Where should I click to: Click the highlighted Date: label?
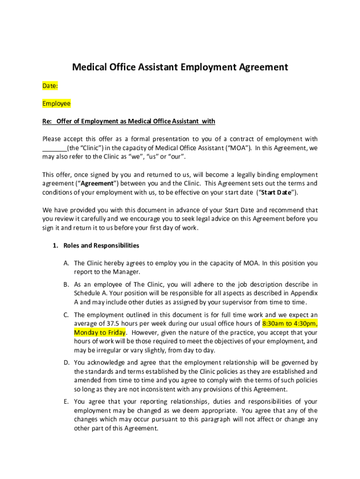(50, 86)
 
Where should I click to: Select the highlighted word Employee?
(56, 103)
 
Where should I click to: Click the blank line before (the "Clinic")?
(55, 148)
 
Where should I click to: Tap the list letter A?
(66, 263)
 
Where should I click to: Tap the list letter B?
(66, 284)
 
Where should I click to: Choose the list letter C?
(66, 315)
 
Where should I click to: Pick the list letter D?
(66, 363)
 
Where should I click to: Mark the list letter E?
(66, 401)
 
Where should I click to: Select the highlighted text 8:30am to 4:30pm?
(290, 324)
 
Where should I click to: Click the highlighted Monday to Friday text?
(100, 333)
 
